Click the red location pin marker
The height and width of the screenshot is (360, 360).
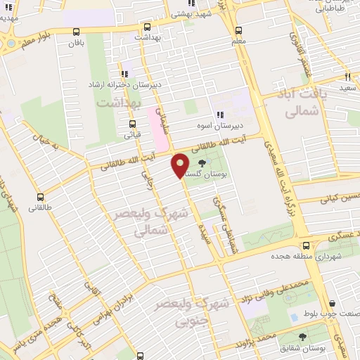[180, 165]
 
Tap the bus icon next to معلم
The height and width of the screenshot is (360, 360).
[238, 30]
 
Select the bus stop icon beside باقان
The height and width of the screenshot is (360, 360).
[76, 31]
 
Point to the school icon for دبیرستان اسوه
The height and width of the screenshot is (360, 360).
[220, 114]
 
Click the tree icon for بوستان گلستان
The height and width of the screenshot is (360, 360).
[212, 163]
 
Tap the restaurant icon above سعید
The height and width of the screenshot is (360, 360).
[347, 76]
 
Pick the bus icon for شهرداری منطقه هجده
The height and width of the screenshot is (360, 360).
[306, 246]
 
